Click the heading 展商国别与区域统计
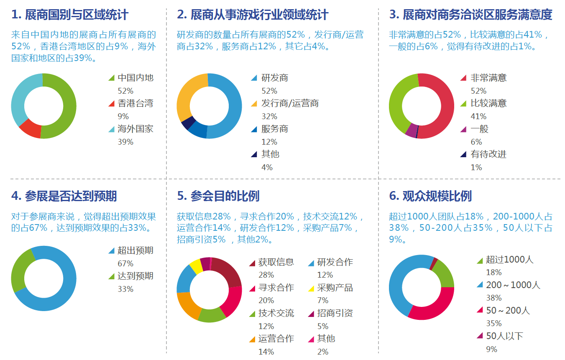pyautogui.click(x=70, y=15)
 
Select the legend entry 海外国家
pyautogui.click(x=135, y=129)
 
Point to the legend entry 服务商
pyautogui.click(x=274, y=129)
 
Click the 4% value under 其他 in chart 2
pyautogui.click(x=267, y=167)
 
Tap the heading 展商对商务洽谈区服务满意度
pyautogui.click(x=470, y=15)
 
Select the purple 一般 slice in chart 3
pyautogui.click(x=411, y=130)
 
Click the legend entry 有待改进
pyautogui.click(x=488, y=154)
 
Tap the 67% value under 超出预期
pyautogui.click(x=125, y=263)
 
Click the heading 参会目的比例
pyautogui.click(x=218, y=196)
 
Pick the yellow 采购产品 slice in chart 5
pyautogui.click(x=196, y=266)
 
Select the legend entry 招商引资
pyautogui.click(x=335, y=313)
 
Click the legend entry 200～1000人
pyautogui.click(x=513, y=285)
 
